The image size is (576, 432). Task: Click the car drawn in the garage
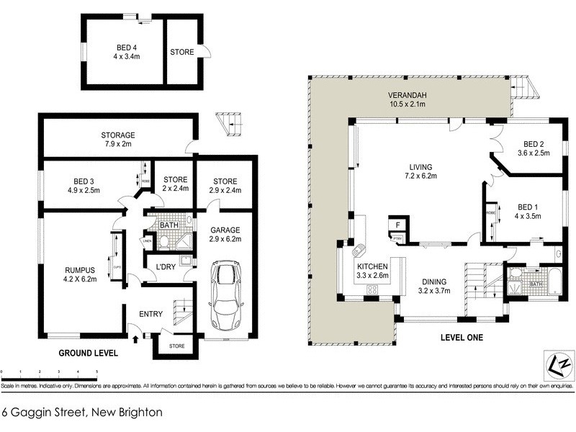pyautogui.click(x=225, y=295)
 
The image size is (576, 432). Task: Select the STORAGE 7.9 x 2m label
pyautogui.click(x=118, y=140)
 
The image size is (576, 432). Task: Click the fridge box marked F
pyautogui.click(x=395, y=225)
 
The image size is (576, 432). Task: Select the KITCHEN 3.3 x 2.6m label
pyautogui.click(x=373, y=270)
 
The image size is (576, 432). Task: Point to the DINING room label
pyautogui.click(x=434, y=286)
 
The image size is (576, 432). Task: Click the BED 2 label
pyautogui.click(x=534, y=148)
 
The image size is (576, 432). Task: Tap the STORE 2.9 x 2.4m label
pyautogui.click(x=225, y=184)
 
